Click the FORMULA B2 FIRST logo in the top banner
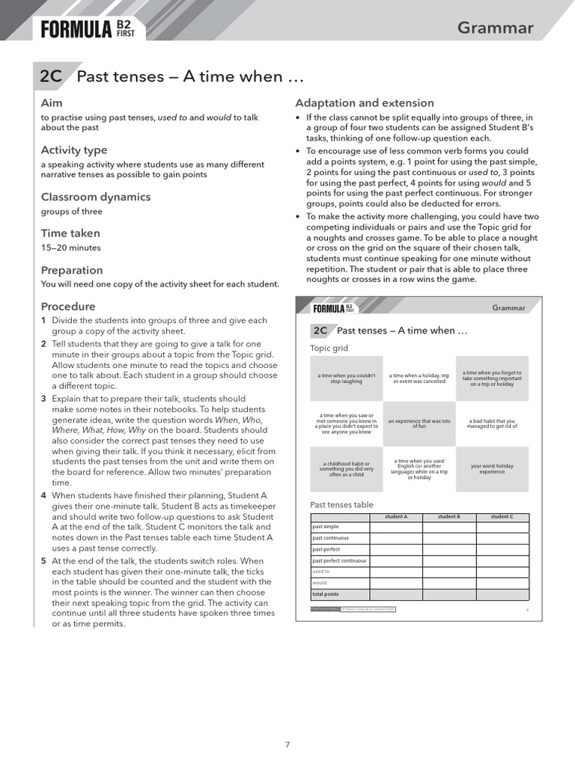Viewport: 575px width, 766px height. pos(88,29)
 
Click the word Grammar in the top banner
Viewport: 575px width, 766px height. pos(495,28)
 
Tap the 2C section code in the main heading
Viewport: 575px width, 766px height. pos(51,76)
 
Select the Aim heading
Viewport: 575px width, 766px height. pos(52,102)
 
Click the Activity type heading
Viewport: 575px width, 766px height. pos(73,150)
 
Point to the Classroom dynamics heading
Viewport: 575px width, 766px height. pos(95,197)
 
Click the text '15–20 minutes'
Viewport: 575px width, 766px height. pos(70,248)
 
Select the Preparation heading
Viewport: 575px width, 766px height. pos(71,270)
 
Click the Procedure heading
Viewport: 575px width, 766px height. pos(67,306)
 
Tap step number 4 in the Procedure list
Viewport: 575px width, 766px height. pos(43,495)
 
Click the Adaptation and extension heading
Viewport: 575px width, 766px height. pos(364,102)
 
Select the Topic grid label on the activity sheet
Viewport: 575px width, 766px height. pos(329,349)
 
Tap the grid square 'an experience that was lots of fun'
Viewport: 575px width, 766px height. pos(419,423)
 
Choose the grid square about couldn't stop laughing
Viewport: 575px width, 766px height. pos(347,379)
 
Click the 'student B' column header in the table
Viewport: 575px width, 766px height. pos(448,517)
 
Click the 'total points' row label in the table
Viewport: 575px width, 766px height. pos(326,594)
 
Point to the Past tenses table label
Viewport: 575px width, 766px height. pos(341,505)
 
